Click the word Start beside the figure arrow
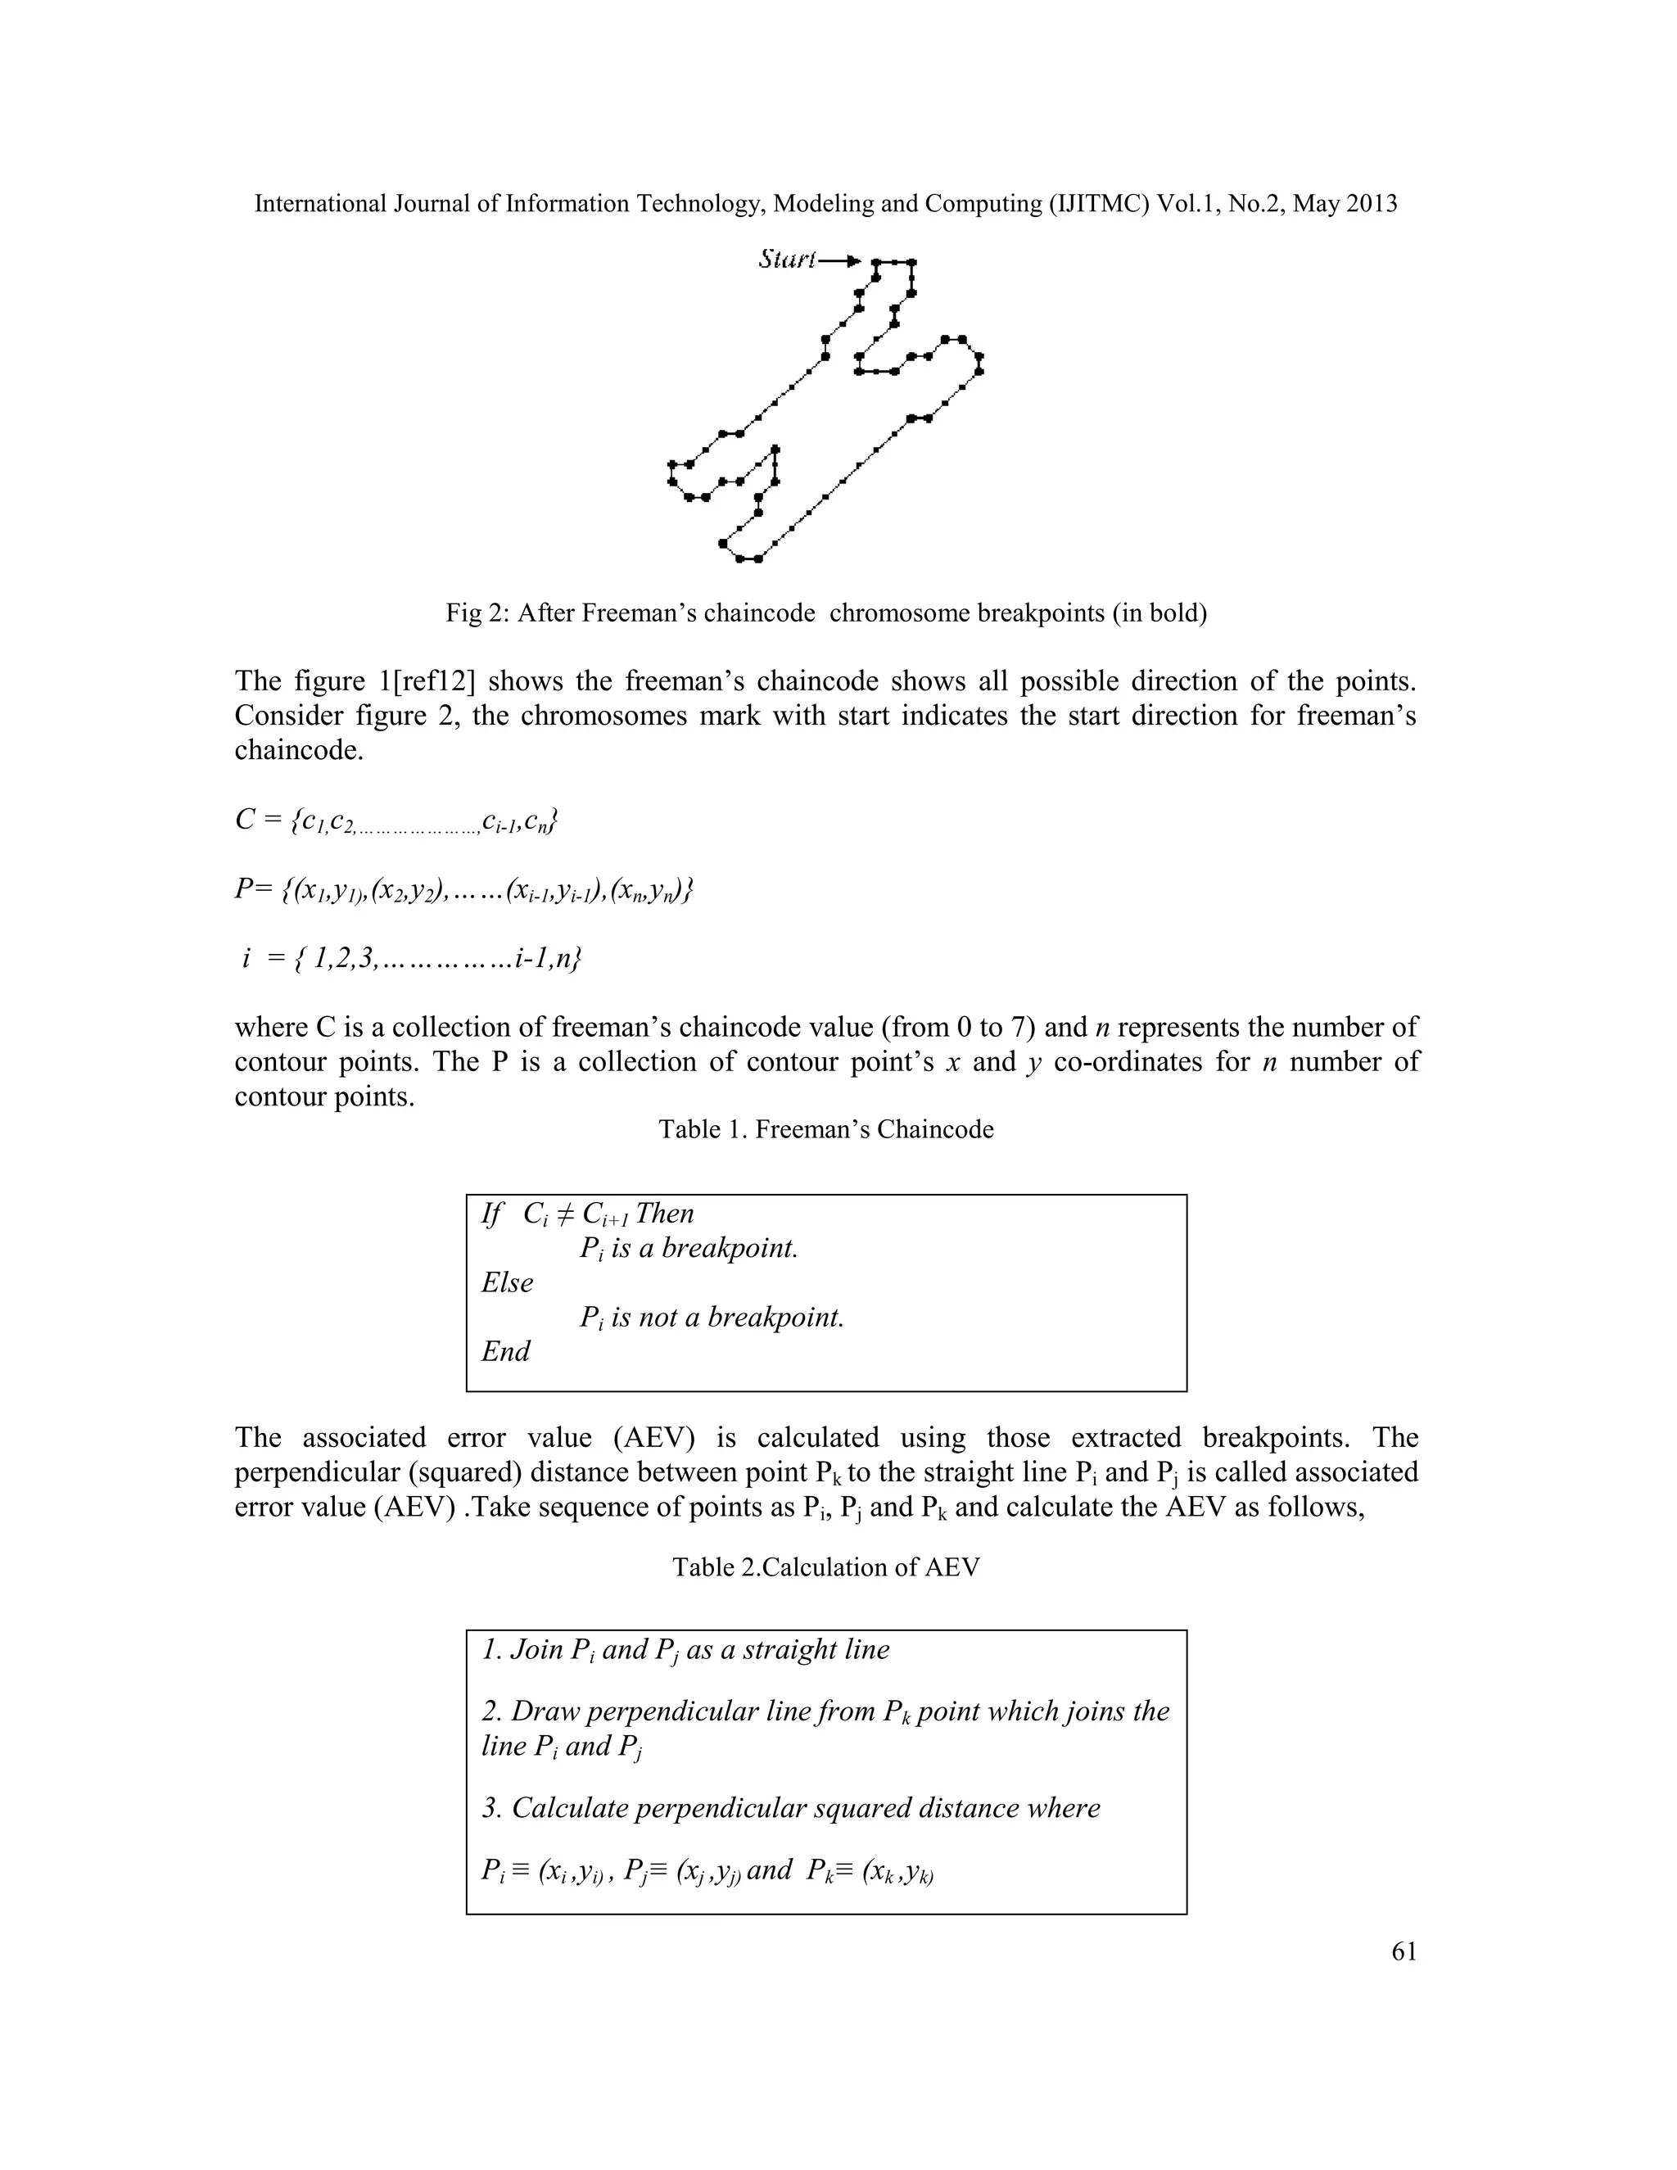[x=786, y=260]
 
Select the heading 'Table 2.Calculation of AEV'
[x=825, y=1566]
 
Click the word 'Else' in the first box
[x=508, y=1282]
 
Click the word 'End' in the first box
[x=506, y=1351]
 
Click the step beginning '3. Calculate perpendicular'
[x=791, y=1807]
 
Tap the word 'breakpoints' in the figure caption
[x=1040, y=613]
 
